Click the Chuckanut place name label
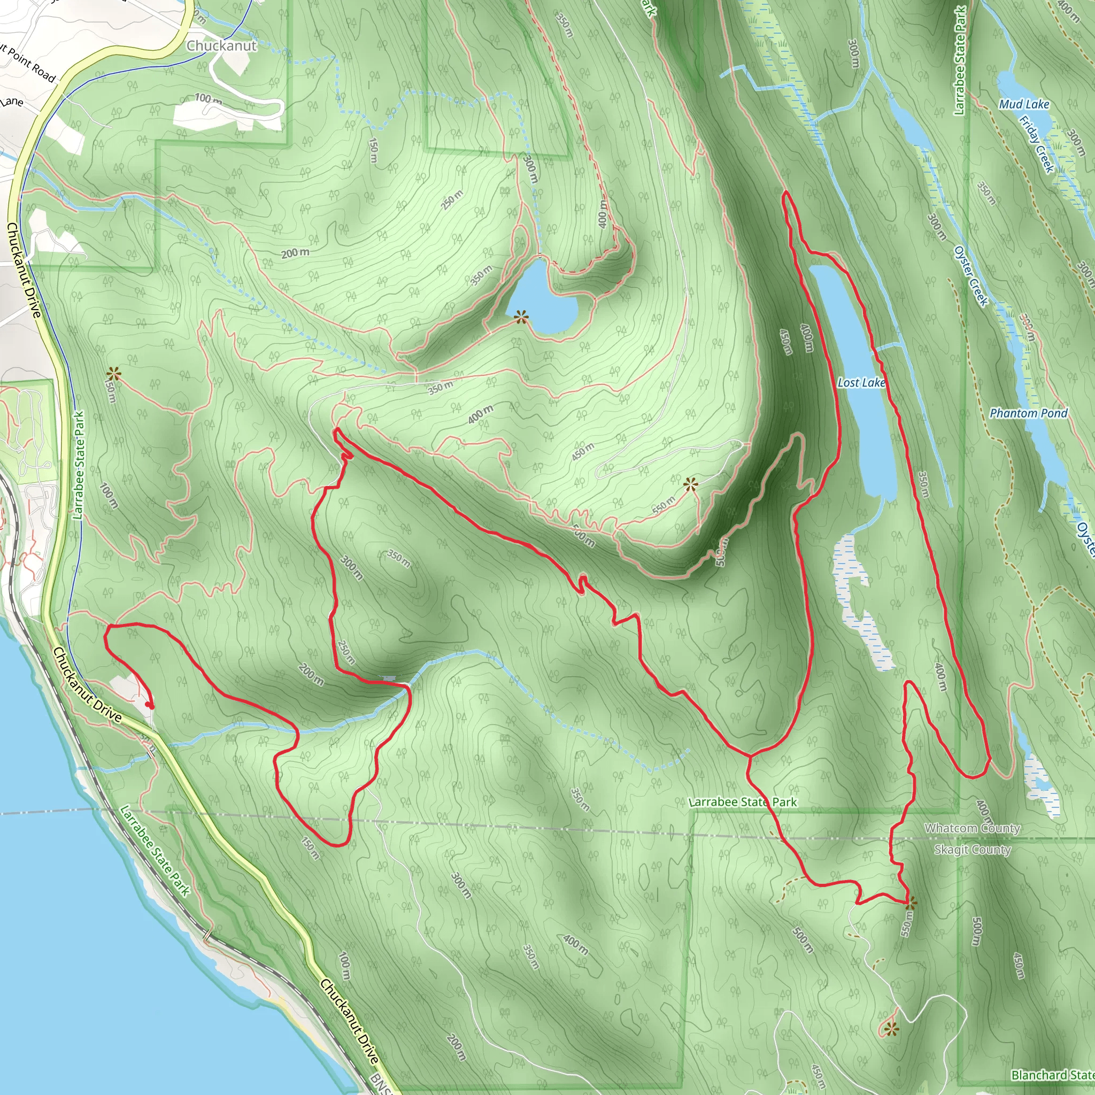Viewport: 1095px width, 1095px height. point(221,46)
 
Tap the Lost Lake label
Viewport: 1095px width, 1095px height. point(861,383)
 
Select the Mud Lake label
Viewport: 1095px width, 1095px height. point(1023,104)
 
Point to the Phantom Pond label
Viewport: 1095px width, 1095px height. point(1028,413)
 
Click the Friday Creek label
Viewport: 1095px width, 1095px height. point(1037,144)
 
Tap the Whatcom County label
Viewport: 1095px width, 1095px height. point(972,829)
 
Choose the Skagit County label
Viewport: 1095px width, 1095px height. point(972,850)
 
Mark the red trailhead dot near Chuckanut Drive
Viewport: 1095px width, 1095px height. point(149,705)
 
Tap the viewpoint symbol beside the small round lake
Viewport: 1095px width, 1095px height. point(521,317)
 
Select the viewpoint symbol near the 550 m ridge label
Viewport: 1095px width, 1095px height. point(690,484)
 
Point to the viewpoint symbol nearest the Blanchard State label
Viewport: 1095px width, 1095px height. point(891,1029)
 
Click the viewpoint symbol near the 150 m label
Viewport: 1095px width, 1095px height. point(114,374)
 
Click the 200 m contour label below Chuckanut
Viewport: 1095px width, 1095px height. point(295,253)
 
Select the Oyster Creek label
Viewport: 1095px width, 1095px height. point(971,276)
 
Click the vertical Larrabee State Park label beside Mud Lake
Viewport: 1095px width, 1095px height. point(959,60)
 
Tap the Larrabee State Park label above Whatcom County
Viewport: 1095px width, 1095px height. point(743,802)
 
